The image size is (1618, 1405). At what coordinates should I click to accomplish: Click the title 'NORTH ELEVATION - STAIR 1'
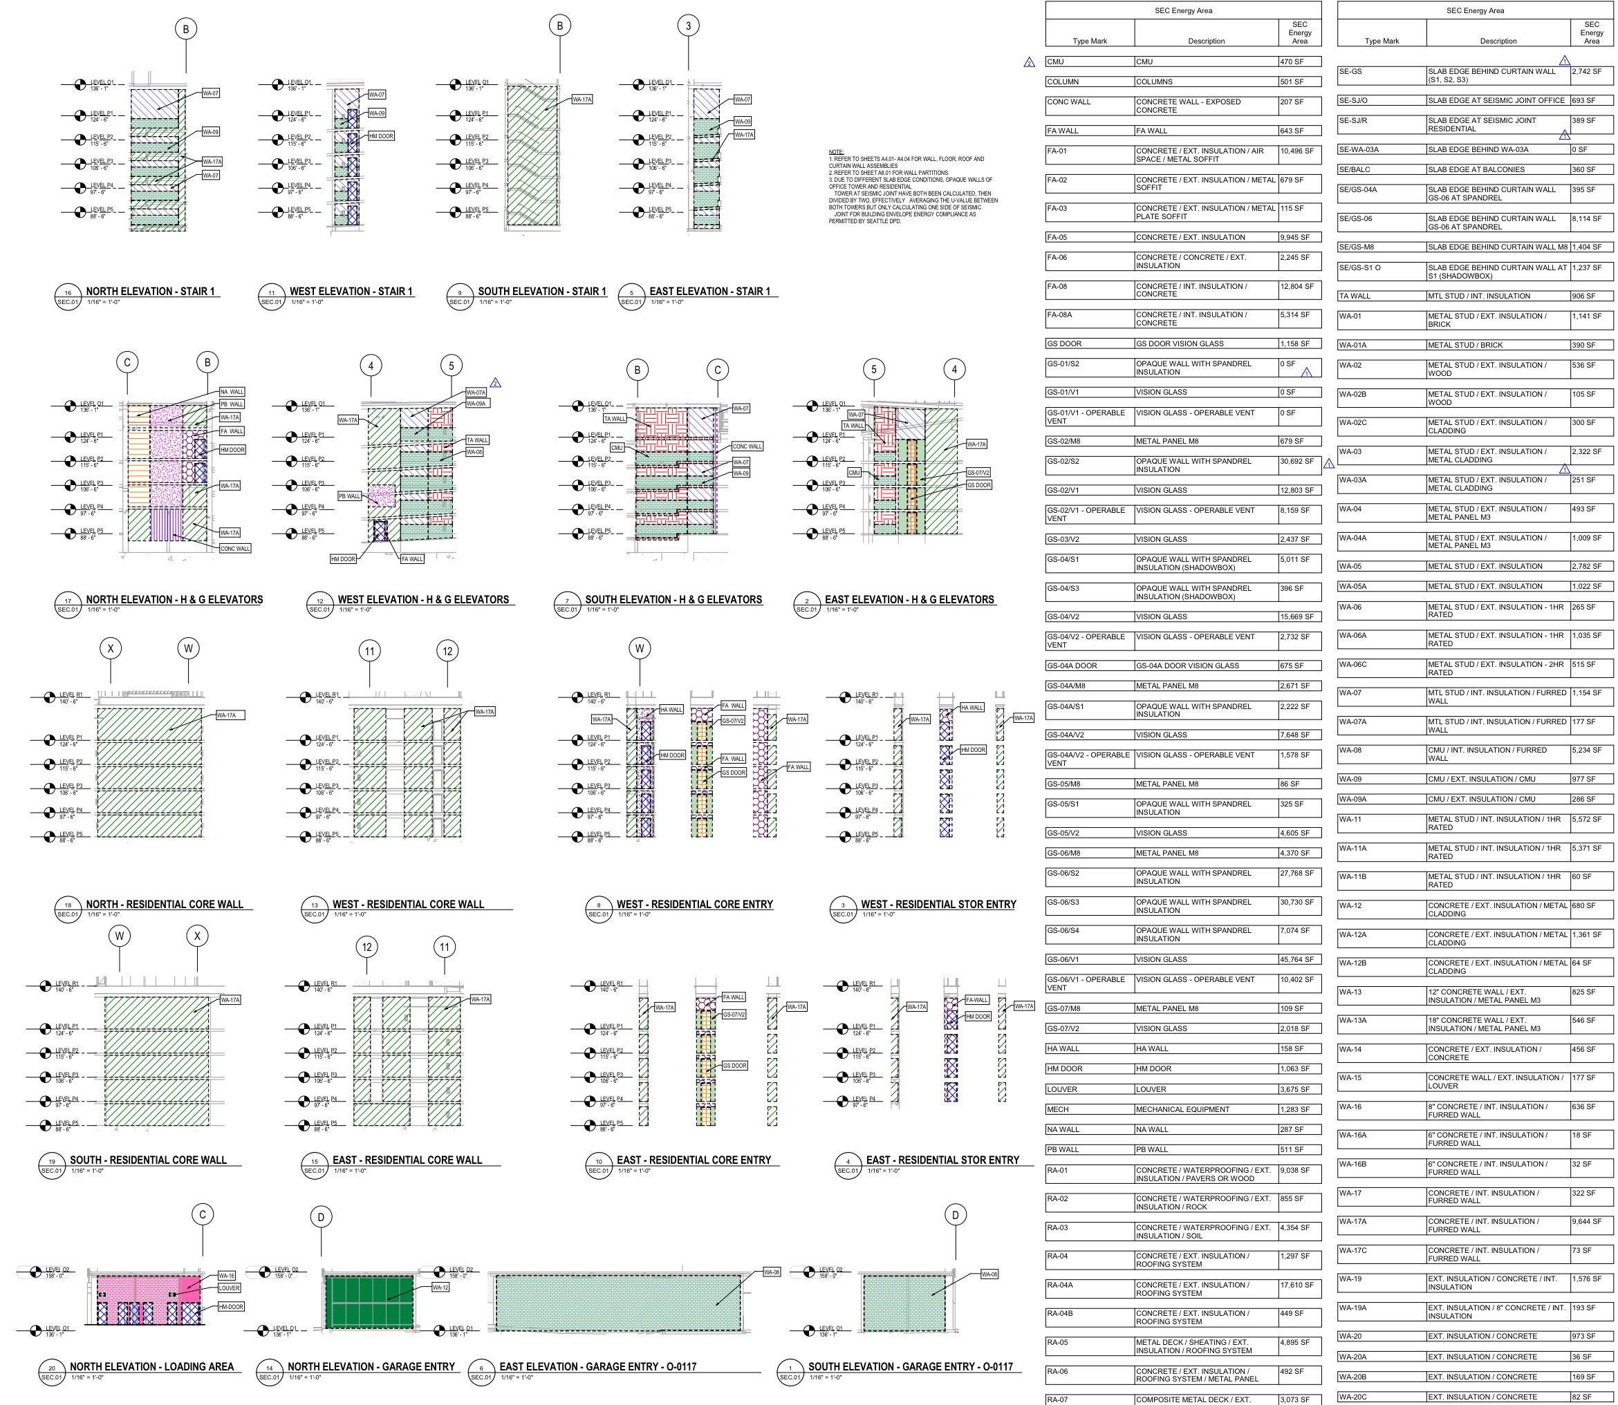[x=149, y=292]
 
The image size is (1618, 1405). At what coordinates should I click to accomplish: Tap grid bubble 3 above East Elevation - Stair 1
[x=688, y=26]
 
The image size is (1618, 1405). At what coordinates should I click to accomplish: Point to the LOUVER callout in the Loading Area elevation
[x=229, y=1288]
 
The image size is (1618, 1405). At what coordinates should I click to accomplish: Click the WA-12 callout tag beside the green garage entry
[x=440, y=1288]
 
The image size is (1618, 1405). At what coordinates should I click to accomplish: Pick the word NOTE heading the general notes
[x=836, y=152]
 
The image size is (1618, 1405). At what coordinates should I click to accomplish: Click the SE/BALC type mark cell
[x=1381, y=170]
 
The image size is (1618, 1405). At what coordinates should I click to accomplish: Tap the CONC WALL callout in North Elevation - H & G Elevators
[x=234, y=549]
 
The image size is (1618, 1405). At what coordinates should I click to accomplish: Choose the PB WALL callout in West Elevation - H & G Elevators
[x=349, y=496]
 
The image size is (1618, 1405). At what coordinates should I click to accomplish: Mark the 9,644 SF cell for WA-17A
[x=1591, y=1222]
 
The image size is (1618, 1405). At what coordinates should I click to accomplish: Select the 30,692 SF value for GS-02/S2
[x=1299, y=462]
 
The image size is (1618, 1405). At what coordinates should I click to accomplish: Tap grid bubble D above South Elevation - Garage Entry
[x=954, y=1215]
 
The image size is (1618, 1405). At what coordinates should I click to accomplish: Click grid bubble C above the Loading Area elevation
[x=203, y=1214]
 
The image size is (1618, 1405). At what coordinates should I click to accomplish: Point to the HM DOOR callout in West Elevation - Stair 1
[x=381, y=136]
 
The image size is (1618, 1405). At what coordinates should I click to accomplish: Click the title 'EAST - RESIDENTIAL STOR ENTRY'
[x=942, y=1160]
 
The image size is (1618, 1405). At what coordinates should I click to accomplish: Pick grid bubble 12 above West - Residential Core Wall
[x=447, y=651]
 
